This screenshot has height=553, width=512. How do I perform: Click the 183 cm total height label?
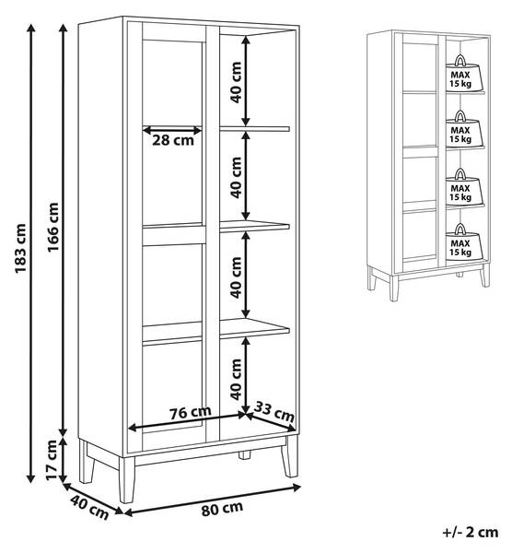coord(21,248)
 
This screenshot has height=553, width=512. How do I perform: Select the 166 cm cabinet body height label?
coord(53,227)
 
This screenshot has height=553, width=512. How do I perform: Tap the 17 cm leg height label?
coord(52,460)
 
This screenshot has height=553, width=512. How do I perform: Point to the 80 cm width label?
coord(222,509)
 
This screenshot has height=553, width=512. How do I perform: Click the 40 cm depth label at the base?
coord(89,507)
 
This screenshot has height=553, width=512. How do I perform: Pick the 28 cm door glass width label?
coord(173,140)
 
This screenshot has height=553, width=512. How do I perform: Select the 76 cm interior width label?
coord(191,412)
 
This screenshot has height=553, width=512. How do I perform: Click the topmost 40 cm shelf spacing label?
coord(236,82)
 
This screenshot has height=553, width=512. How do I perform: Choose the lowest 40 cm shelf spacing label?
coord(236,379)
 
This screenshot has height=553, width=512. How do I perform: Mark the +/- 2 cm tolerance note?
coord(470,532)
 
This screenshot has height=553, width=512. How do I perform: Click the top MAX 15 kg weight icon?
coord(460,74)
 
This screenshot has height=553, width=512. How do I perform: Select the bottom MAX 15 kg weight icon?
coord(460,242)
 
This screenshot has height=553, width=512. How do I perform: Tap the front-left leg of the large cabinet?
coord(126,479)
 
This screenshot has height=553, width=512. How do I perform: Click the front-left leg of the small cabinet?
coord(393,288)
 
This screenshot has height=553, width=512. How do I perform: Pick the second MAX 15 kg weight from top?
coord(460,129)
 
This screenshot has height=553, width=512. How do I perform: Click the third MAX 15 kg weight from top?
coord(460,187)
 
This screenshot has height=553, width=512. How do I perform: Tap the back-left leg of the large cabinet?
coord(87,462)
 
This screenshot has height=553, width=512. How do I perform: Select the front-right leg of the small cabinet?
coord(485,275)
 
